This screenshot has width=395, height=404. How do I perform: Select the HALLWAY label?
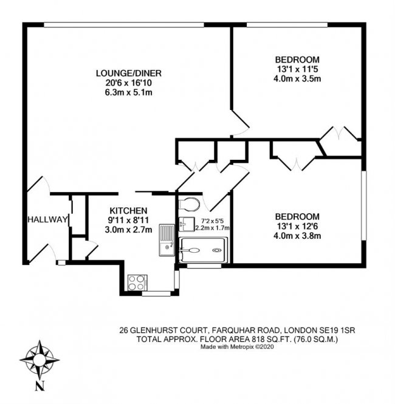tap(46, 219)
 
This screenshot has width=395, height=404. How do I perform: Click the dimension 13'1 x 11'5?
tap(297, 69)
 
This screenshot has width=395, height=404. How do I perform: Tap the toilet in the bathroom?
tap(190, 203)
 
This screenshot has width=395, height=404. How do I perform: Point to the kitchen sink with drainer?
tap(166, 239)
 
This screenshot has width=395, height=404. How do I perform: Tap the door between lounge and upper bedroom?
tap(241, 125)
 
